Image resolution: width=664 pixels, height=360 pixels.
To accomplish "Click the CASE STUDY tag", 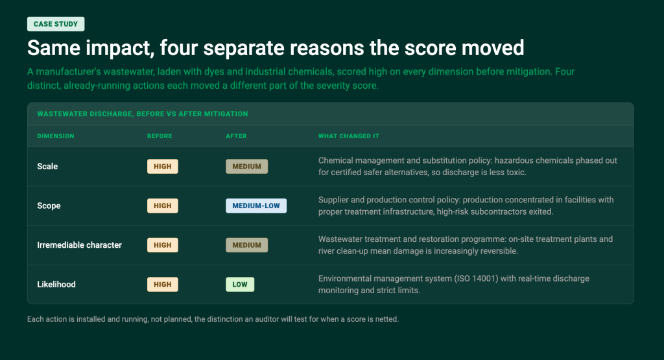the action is pyautogui.click(x=56, y=24).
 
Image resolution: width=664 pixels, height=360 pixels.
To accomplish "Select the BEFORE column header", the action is pyautogui.click(x=160, y=136).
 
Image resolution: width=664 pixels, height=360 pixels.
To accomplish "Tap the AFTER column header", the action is pyautogui.click(x=236, y=136).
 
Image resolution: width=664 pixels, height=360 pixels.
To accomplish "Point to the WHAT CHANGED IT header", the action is pyautogui.click(x=348, y=136).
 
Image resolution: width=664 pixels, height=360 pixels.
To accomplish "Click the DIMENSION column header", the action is pyautogui.click(x=56, y=136).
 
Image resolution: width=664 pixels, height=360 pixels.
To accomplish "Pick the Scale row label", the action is pyautogui.click(x=47, y=167).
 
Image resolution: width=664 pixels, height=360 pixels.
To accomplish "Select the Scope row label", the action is pyautogui.click(x=49, y=206).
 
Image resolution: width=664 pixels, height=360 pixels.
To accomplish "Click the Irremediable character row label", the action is pyautogui.click(x=79, y=245).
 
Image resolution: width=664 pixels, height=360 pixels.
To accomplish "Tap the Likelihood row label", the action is pyautogui.click(x=56, y=285).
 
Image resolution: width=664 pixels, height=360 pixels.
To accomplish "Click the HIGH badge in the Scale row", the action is pyautogui.click(x=163, y=167).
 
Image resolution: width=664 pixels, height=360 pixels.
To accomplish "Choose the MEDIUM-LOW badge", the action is pyautogui.click(x=256, y=206).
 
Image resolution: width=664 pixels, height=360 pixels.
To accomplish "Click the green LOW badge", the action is pyautogui.click(x=240, y=285).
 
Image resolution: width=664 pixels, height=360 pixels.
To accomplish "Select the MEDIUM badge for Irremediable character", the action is pyautogui.click(x=247, y=245).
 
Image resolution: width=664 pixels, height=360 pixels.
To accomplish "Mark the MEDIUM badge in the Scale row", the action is pyautogui.click(x=247, y=167).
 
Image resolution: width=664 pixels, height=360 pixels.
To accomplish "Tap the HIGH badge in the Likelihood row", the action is pyautogui.click(x=163, y=285).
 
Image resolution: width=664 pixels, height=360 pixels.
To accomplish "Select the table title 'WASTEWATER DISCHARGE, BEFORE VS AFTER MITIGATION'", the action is pyautogui.click(x=143, y=114).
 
